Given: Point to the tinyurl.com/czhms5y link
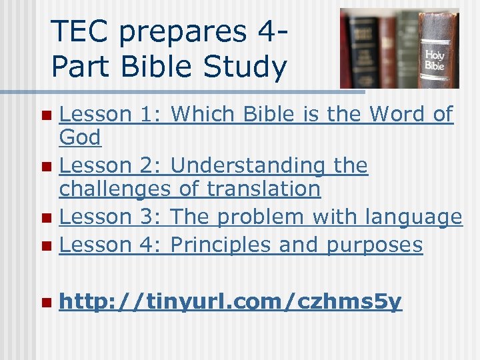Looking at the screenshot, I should [x=230, y=303].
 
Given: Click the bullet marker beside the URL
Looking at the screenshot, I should [x=45, y=303].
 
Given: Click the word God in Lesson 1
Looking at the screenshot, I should [x=80, y=138].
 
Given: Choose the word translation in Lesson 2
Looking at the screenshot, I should [x=263, y=189].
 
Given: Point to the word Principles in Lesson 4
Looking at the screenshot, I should [x=221, y=245].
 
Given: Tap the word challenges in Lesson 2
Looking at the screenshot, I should [x=115, y=189].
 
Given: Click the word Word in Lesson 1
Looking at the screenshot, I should [x=398, y=114].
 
